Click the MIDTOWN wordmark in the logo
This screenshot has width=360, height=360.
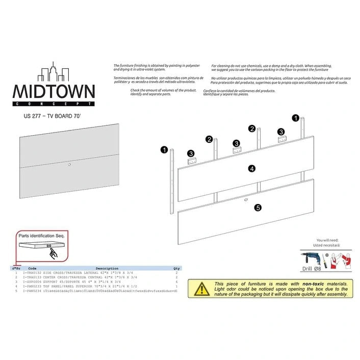53,92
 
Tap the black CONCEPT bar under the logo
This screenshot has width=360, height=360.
53,104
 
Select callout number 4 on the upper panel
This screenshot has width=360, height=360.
251,168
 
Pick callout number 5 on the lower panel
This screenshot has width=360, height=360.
258,208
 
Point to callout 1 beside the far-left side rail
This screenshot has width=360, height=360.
164,150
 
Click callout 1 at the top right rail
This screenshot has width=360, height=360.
295,118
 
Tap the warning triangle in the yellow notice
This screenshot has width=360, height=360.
202,289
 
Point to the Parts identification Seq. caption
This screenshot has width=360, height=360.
38,236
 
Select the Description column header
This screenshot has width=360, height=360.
107,268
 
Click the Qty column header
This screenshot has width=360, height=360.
176,268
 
